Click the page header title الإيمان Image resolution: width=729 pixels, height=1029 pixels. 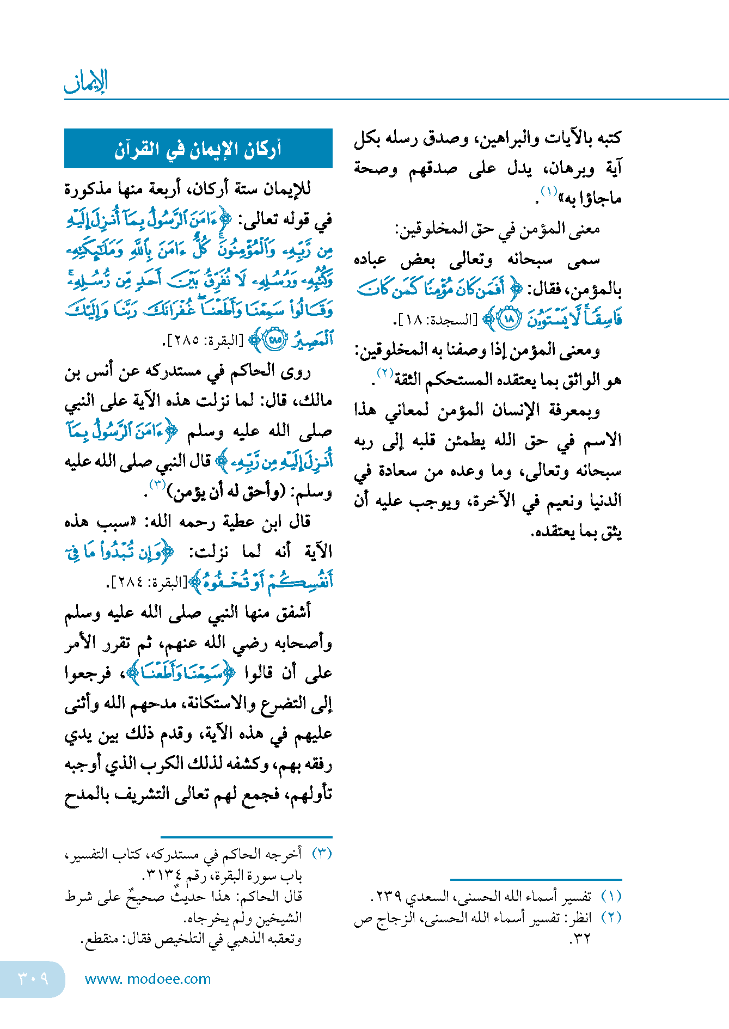(x=86, y=82)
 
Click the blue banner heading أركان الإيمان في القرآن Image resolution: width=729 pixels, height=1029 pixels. (x=198, y=149)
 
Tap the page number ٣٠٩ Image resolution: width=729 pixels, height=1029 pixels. (x=33, y=978)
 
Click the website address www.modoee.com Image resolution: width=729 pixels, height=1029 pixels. (x=148, y=979)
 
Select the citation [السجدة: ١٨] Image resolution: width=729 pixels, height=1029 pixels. (x=435, y=320)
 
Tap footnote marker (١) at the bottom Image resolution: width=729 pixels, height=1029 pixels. (x=611, y=896)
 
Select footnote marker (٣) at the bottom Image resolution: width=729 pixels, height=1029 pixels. (x=322, y=853)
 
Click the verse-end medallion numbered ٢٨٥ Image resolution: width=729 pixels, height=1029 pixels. (x=275, y=340)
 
